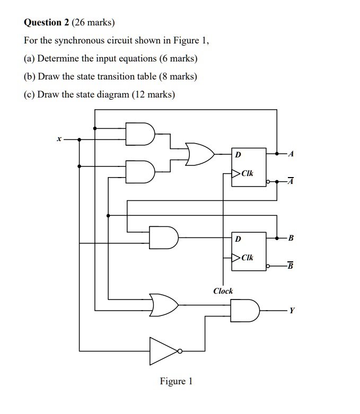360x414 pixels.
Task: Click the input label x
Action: point(59,139)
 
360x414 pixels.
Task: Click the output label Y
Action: point(291,311)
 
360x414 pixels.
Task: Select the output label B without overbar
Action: point(291,237)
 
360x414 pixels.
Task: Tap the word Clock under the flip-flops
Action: point(223,291)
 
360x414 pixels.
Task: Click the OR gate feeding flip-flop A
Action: point(200,154)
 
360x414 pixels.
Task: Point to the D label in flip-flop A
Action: point(238,155)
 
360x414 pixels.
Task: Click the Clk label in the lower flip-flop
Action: point(247,258)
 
